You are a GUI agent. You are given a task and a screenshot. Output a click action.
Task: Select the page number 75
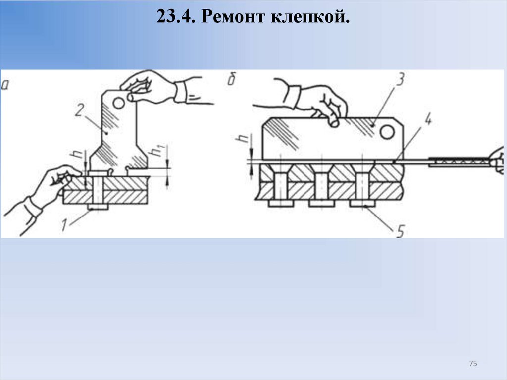[472, 364]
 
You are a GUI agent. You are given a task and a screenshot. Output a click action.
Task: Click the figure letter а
[5, 84]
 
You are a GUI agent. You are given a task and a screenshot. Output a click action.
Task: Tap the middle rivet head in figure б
[321, 203]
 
